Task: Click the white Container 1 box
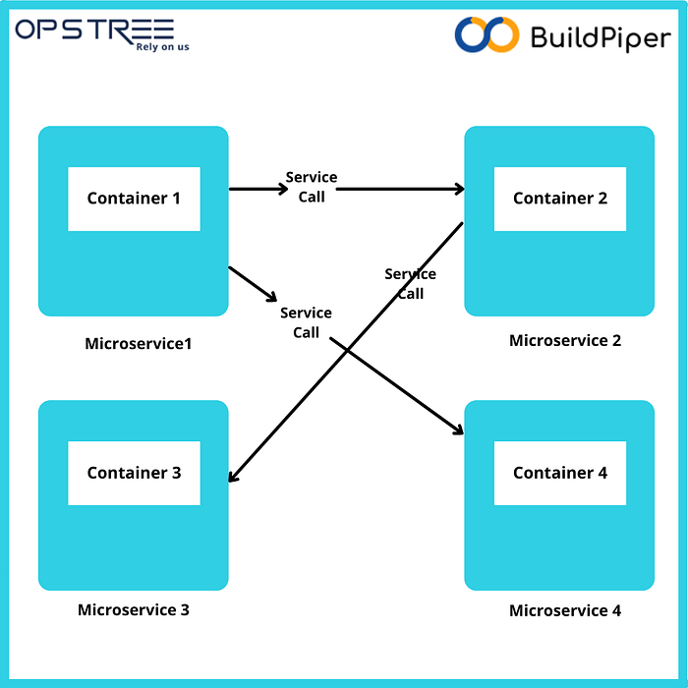pyautogui.click(x=134, y=199)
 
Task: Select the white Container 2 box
pyautogui.click(x=559, y=199)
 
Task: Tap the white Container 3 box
pyautogui.click(x=134, y=473)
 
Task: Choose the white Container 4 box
pyautogui.click(x=559, y=473)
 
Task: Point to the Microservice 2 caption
pyautogui.click(x=565, y=341)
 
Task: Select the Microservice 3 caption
pyautogui.click(x=134, y=609)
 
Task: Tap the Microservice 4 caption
pyautogui.click(x=565, y=610)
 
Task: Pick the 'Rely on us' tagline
pyautogui.click(x=162, y=46)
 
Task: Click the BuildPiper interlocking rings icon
pyautogui.click(x=486, y=34)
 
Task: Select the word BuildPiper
pyautogui.click(x=600, y=37)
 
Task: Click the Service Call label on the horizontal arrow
pyautogui.click(x=312, y=187)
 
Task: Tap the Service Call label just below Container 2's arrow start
pyautogui.click(x=410, y=283)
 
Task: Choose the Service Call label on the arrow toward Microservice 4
pyautogui.click(x=306, y=322)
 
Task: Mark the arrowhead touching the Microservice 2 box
pyautogui.click(x=458, y=189)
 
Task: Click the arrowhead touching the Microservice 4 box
pyautogui.click(x=457, y=430)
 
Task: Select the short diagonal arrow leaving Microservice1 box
pyautogui.click(x=254, y=284)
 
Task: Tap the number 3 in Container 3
pyautogui.click(x=176, y=473)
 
